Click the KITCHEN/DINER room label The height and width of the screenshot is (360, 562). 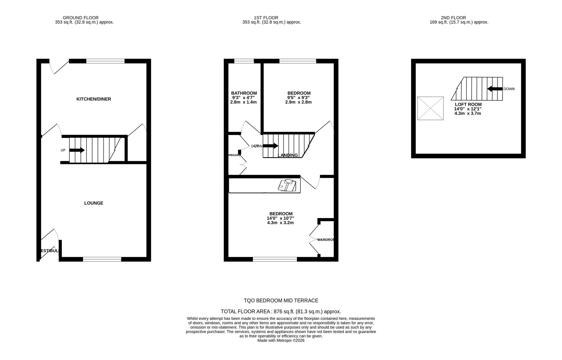pos(94,99)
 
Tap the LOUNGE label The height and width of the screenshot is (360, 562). pos(94,203)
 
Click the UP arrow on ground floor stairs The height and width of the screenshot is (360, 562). pos(77,150)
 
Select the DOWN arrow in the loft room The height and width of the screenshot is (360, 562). pos(495,89)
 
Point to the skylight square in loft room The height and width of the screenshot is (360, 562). pos(430,108)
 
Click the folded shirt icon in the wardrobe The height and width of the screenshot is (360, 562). pos(287,186)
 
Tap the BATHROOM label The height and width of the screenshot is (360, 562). pos(244,93)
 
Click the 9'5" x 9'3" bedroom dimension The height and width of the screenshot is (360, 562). pos(299,98)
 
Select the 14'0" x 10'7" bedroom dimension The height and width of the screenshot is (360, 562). pos(280,218)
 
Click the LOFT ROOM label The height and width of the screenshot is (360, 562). pos(468,104)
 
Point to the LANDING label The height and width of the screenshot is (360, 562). pos(287,155)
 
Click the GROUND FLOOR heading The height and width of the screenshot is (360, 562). pos(81,18)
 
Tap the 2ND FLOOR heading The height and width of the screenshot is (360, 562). pos(459,18)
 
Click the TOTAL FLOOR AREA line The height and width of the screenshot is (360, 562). pos(281,311)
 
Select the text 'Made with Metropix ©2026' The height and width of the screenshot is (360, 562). pos(281,340)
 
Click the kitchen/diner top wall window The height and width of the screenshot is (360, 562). pos(105,61)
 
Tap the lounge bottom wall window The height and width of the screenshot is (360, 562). pos(102,259)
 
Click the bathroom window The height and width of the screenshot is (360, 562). pos(244,61)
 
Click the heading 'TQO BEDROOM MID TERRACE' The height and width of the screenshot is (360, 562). pos(281,300)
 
